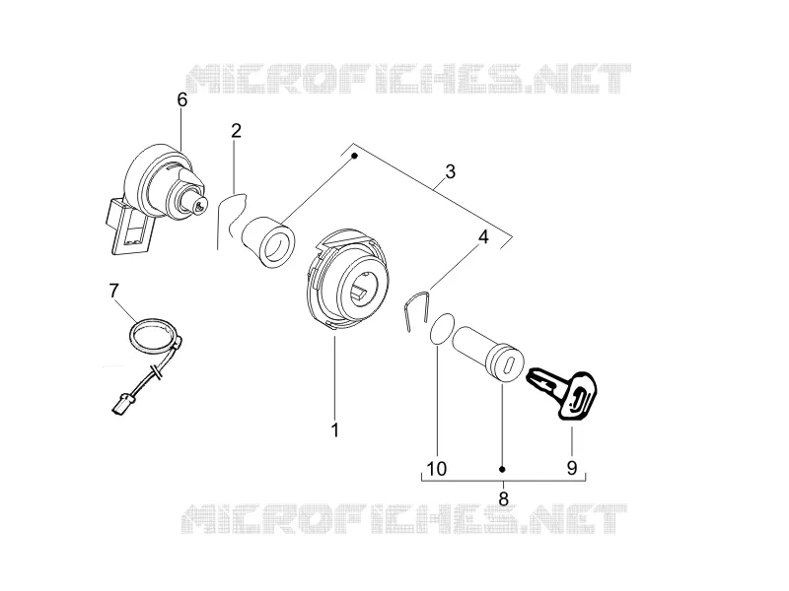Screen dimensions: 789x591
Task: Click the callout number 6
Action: [x=182, y=100]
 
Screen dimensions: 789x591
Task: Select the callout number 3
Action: [x=451, y=171]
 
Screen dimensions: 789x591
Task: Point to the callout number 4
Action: [x=483, y=236]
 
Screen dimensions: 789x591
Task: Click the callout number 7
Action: [x=113, y=291]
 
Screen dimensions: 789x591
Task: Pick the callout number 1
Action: [x=334, y=430]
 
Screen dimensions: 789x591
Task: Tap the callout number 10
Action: [x=436, y=469]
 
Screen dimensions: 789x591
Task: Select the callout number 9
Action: [x=572, y=468]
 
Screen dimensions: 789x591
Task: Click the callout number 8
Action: [x=503, y=499]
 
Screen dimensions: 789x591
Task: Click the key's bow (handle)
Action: [x=579, y=395]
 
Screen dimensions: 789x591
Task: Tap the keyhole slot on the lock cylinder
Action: [x=509, y=364]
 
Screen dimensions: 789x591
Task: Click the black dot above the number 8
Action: [x=502, y=470]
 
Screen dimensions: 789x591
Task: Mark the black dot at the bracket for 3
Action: [x=354, y=156]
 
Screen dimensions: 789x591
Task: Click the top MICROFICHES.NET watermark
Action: [x=408, y=79]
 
